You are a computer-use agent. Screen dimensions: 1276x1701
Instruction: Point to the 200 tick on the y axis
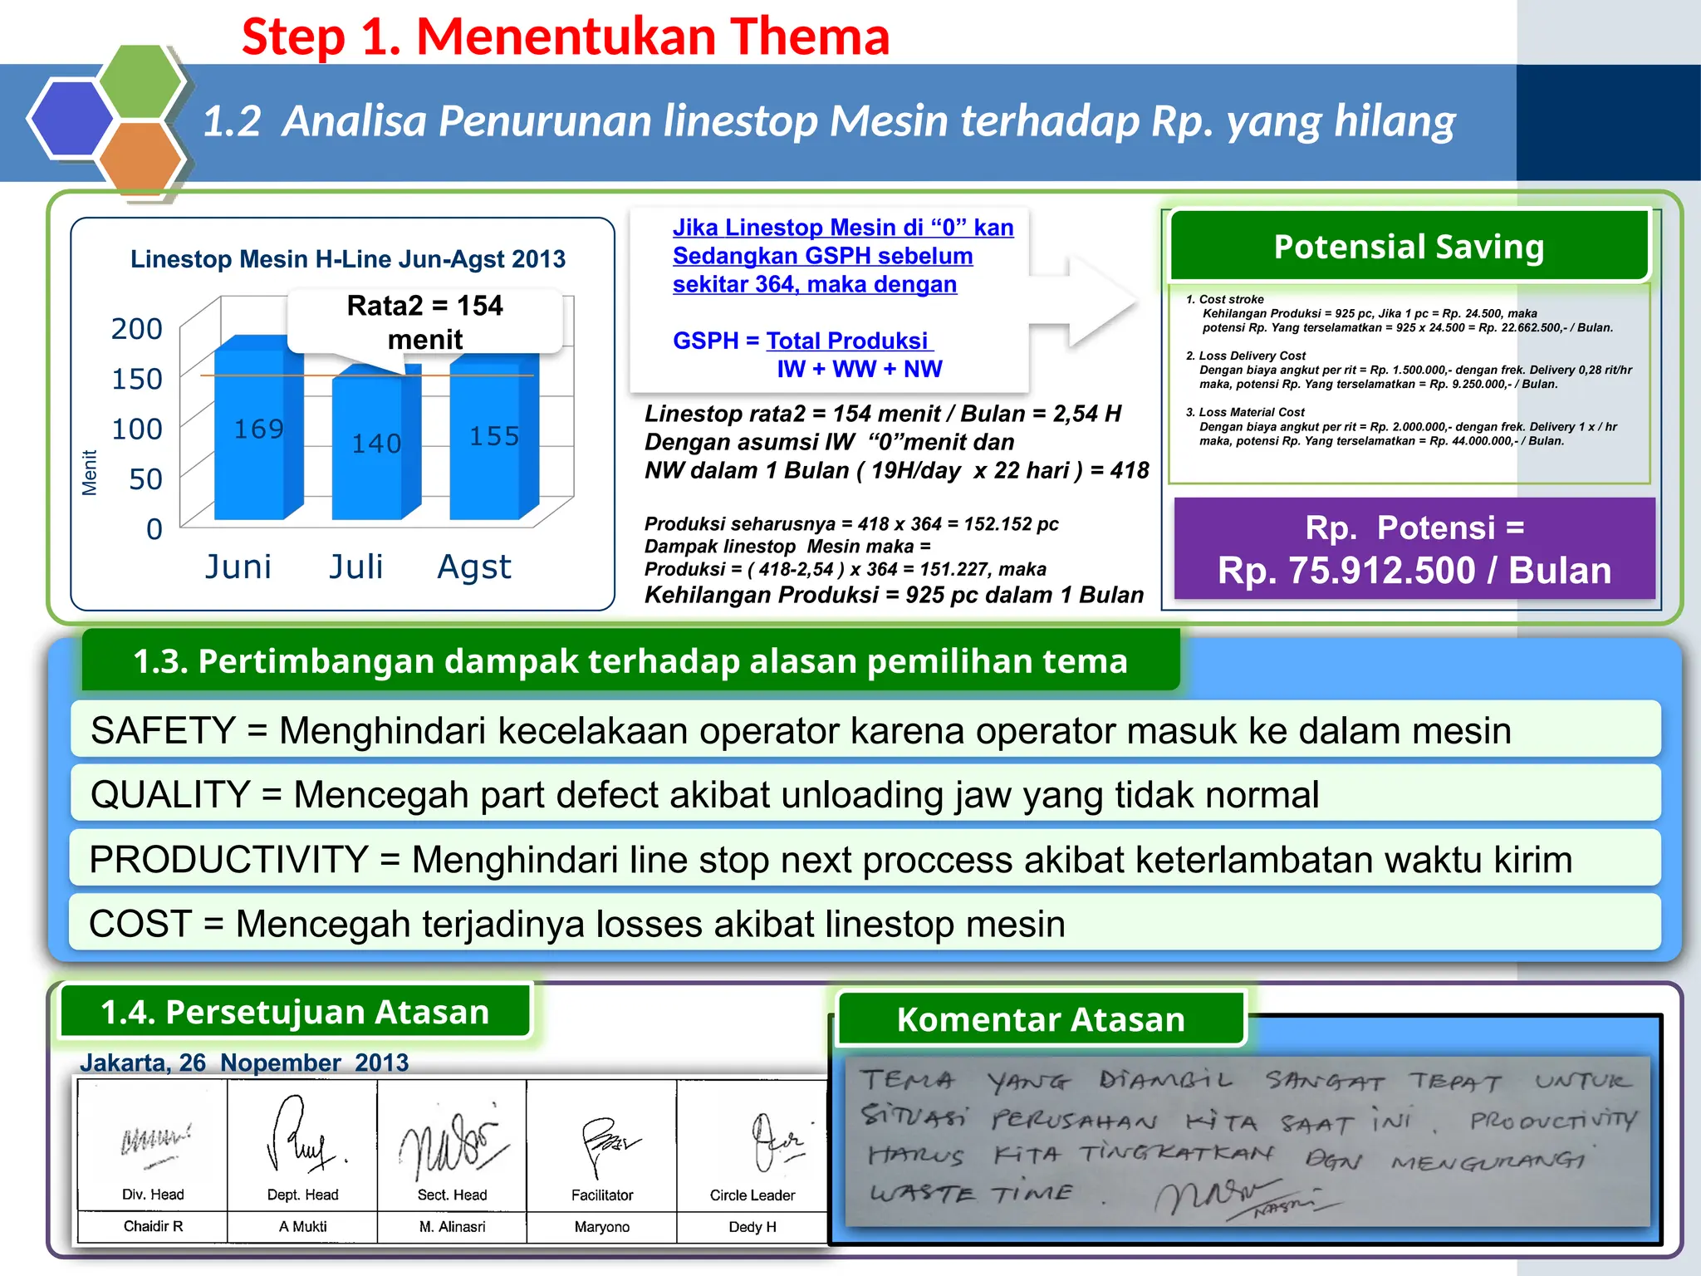137,329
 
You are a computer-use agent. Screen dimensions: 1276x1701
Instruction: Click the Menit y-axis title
89,473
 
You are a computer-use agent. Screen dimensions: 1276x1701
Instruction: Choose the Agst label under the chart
473,567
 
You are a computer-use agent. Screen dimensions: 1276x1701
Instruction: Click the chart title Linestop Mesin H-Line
347,259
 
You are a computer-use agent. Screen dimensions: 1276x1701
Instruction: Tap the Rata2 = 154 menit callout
424,322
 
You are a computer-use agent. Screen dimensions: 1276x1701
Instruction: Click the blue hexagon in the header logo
71,118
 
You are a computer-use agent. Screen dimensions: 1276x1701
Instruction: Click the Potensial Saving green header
1409,247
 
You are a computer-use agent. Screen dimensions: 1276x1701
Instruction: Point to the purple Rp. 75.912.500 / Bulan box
1414,549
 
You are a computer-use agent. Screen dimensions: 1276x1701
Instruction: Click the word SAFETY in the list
163,731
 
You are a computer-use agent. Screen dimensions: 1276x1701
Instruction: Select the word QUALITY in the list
170,795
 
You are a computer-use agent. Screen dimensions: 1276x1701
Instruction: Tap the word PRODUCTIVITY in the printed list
228,860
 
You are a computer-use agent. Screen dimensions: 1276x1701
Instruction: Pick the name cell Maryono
601,1227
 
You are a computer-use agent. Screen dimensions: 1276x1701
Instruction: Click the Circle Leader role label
752,1195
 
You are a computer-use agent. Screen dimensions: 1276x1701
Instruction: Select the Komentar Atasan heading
1041,1019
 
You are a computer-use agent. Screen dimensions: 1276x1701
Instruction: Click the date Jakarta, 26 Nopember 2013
244,1063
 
